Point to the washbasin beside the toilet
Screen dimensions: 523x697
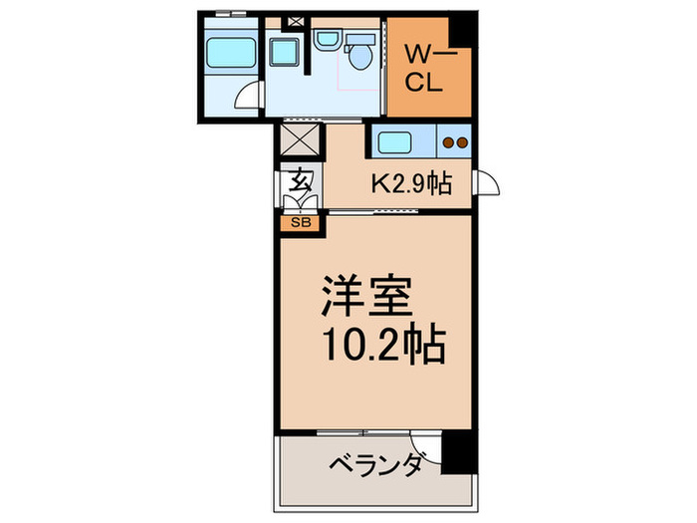coord(327,41)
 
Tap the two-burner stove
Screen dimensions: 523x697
coord(454,142)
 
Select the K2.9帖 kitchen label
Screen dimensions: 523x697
coord(412,183)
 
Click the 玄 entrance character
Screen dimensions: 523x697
coord(301,182)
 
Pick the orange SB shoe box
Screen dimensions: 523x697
coord(301,223)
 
